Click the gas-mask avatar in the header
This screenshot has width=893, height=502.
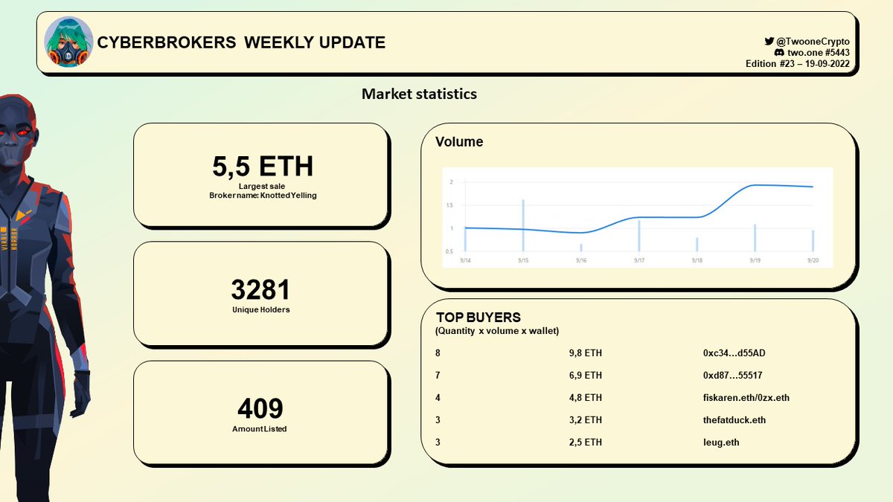pos(68,42)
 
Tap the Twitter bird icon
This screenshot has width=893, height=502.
pos(769,41)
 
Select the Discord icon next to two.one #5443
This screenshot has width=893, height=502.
pos(779,52)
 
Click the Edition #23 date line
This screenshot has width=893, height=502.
pos(797,64)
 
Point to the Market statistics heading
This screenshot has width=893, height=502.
pos(419,94)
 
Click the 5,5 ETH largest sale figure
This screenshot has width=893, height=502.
pos(263,166)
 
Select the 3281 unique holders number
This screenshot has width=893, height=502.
pos(260,289)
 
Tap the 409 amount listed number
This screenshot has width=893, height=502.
pos(260,408)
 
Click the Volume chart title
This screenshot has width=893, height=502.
pos(459,142)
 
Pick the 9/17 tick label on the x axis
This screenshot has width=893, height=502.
pos(639,260)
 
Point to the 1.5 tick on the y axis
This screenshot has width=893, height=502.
pos(449,205)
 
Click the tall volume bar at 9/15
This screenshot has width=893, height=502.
pos(523,225)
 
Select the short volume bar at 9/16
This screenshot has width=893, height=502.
pos(581,248)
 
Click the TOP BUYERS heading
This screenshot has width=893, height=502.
pos(478,318)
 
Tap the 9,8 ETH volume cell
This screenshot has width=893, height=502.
pos(585,353)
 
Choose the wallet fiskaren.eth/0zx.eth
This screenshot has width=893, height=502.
pos(746,398)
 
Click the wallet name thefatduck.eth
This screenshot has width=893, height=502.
pos(734,420)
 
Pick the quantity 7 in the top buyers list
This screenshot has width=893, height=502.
pos(438,376)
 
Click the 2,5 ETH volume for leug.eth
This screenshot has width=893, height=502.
pos(585,443)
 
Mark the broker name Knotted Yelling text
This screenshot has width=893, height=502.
pos(263,196)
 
